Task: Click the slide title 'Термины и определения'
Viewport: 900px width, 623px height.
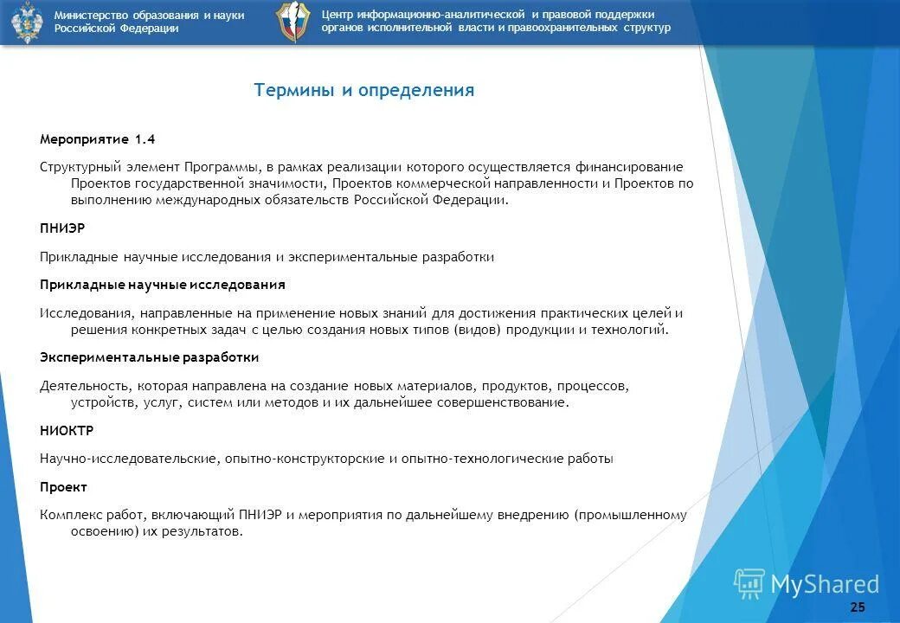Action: click(364, 91)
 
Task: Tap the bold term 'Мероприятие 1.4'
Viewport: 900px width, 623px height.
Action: click(98, 139)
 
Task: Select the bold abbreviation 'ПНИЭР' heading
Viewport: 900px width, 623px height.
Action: click(62, 228)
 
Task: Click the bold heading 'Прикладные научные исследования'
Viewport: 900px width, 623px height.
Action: click(163, 285)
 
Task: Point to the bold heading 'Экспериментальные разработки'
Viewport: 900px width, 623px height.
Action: click(150, 357)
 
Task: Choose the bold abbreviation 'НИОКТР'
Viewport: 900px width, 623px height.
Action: click(67, 430)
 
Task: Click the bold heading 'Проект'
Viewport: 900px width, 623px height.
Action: click(63, 487)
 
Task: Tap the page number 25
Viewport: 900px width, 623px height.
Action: click(858, 607)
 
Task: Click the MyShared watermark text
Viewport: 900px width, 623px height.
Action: click(824, 585)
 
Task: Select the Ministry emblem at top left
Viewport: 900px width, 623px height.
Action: click(27, 22)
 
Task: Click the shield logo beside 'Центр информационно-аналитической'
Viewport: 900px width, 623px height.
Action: click(292, 22)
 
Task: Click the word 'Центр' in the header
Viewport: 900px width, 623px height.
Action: click(338, 15)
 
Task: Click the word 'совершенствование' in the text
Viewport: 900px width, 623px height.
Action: click(511, 402)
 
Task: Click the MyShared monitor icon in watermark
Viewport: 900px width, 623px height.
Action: click(749, 584)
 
